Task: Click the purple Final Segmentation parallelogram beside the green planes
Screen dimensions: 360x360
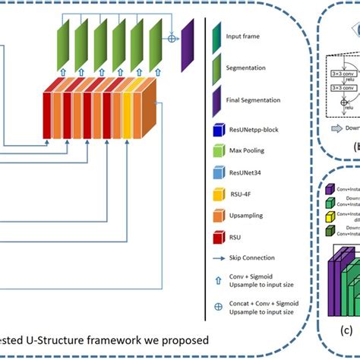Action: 188,45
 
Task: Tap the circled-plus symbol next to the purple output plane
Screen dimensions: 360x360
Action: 172,38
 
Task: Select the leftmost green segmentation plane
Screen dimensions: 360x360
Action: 63,45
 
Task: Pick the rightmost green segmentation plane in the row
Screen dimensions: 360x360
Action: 156,45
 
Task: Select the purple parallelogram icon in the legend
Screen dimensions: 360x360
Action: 216,99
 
